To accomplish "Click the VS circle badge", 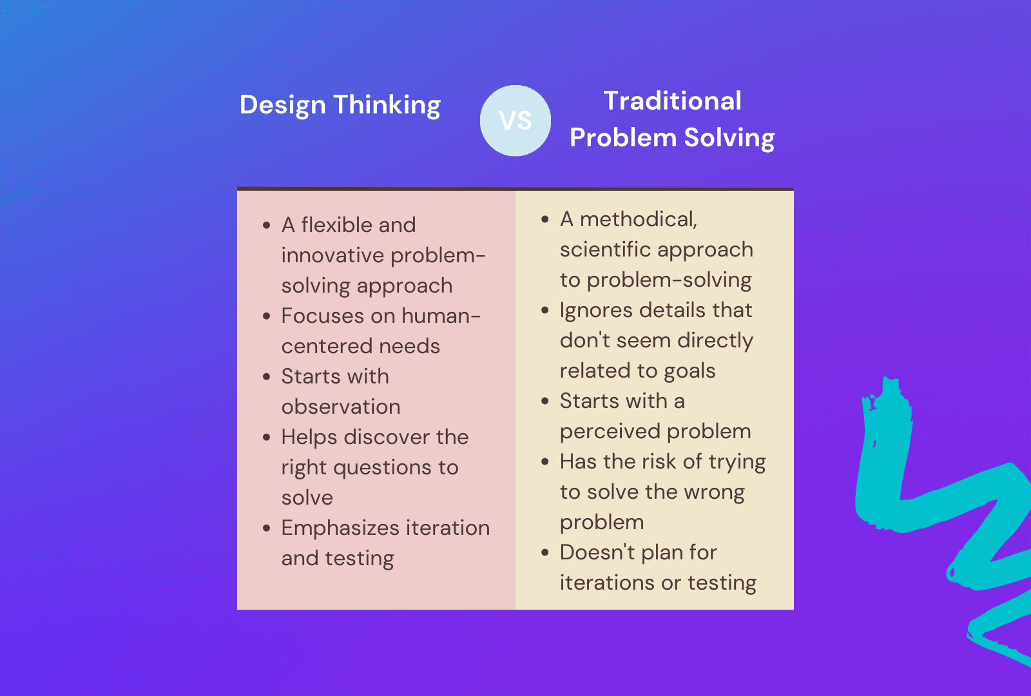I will tap(515, 121).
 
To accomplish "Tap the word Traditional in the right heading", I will tap(672, 101).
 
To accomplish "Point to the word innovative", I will tap(332, 255).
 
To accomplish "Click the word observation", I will tap(341, 407).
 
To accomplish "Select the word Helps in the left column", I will tap(309, 438).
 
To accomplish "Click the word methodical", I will tap(638, 220).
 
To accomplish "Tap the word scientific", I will tap(605, 249).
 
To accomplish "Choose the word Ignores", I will tap(596, 310).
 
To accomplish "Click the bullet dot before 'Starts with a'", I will tap(545, 401).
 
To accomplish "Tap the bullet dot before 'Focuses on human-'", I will tap(267, 316).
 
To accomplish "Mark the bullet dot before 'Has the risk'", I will tap(545, 462).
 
